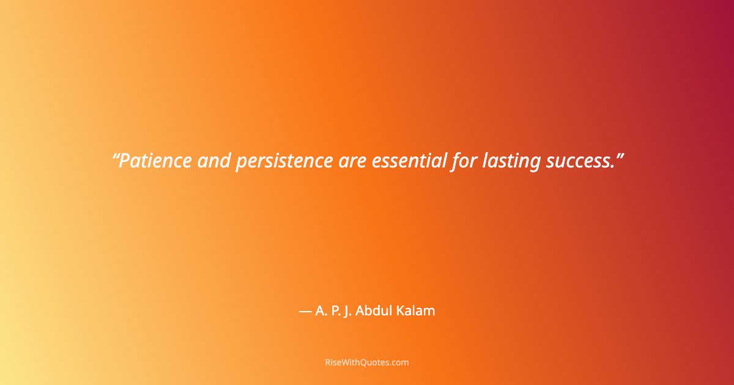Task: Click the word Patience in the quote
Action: (x=154, y=161)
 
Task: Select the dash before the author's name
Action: (x=305, y=312)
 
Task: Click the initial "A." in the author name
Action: (x=322, y=311)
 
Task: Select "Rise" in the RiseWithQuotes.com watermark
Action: (x=334, y=362)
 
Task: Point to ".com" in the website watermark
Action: (x=398, y=362)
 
